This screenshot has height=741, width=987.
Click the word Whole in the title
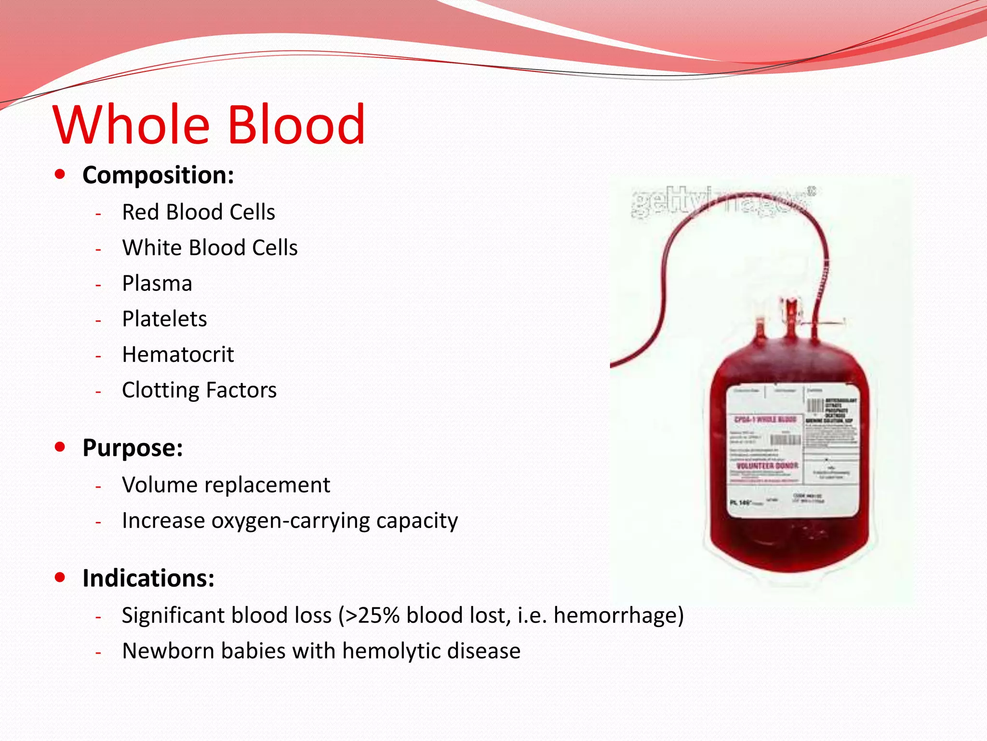[x=131, y=125]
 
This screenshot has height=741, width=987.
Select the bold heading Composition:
[x=158, y=175]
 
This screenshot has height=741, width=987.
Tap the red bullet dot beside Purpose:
[x=60, y=447]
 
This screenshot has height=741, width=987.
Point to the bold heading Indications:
[x=148, y=578]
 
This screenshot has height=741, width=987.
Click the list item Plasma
[x=157, y=283]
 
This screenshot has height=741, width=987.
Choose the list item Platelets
[x=164, y=319]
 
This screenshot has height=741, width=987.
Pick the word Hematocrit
[x=178, y=355]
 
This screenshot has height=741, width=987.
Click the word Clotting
[x=160, y=390]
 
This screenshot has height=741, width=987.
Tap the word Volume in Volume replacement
[x=159, y=485]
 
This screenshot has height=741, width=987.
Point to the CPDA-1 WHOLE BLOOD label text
[x=765, y=419]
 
